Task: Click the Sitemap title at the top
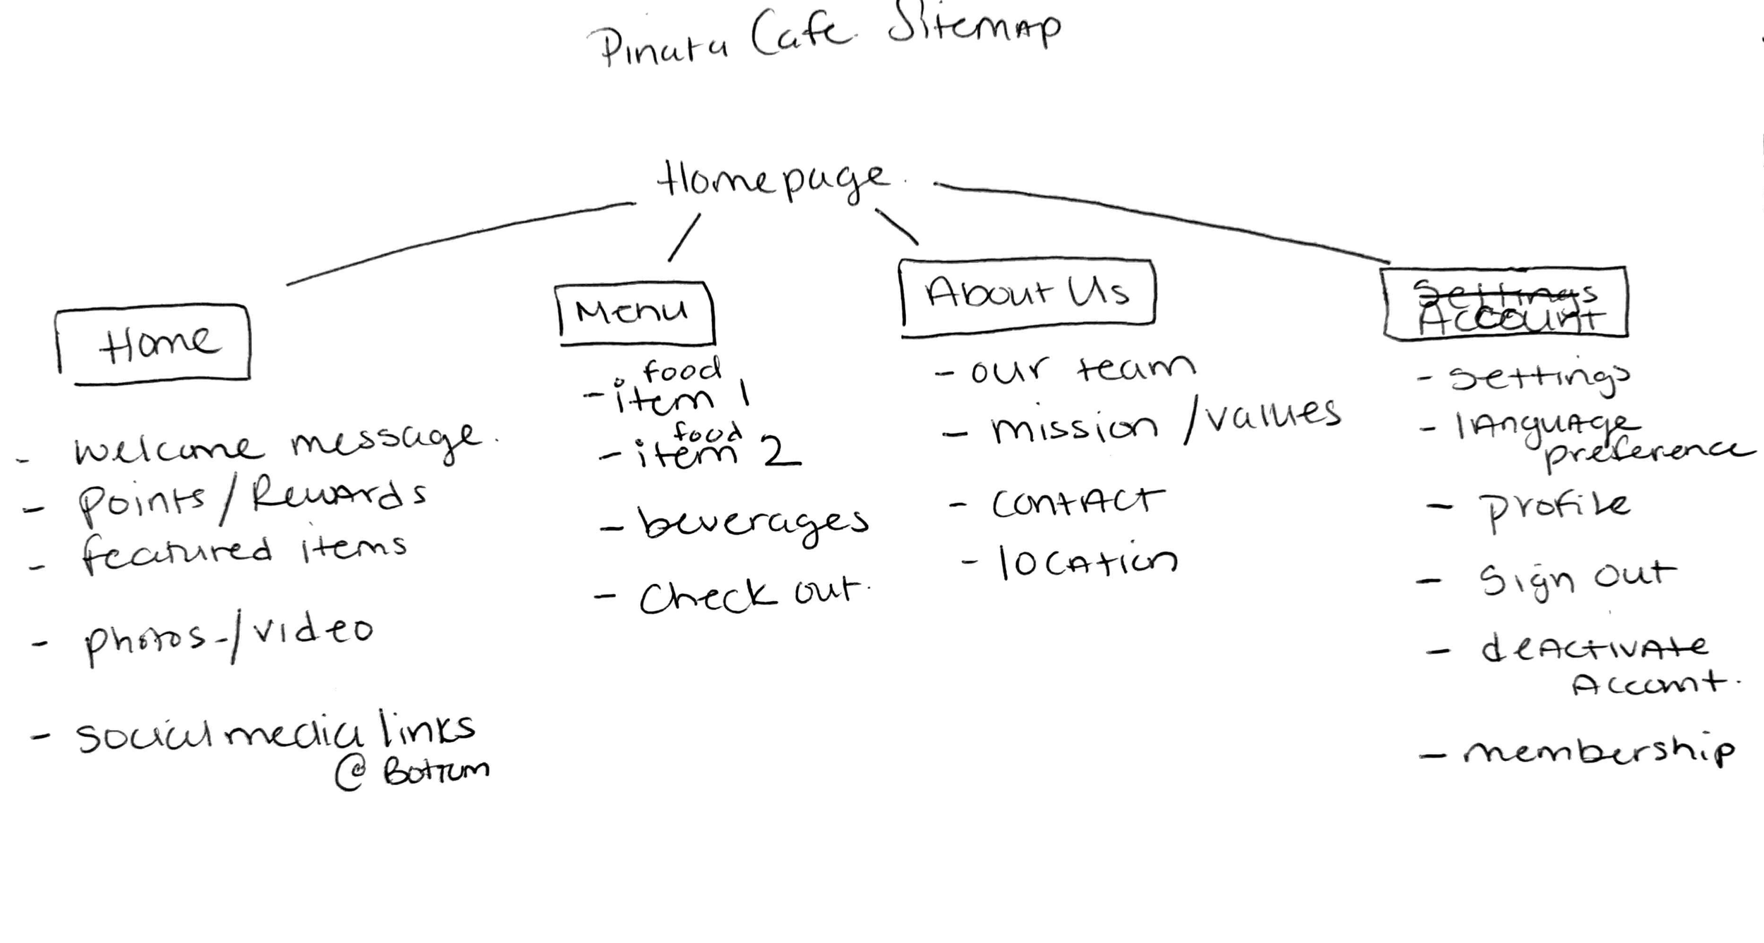(826, 35)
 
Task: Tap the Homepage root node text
(773, 180)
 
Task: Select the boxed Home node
(153, 344)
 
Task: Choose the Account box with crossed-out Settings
(1505, 303)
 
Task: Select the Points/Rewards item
(250, 501)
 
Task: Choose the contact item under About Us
(1076, 502)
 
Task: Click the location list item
(1087, 563)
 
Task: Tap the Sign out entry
(1577, 580)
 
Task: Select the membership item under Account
(1598, 753)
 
